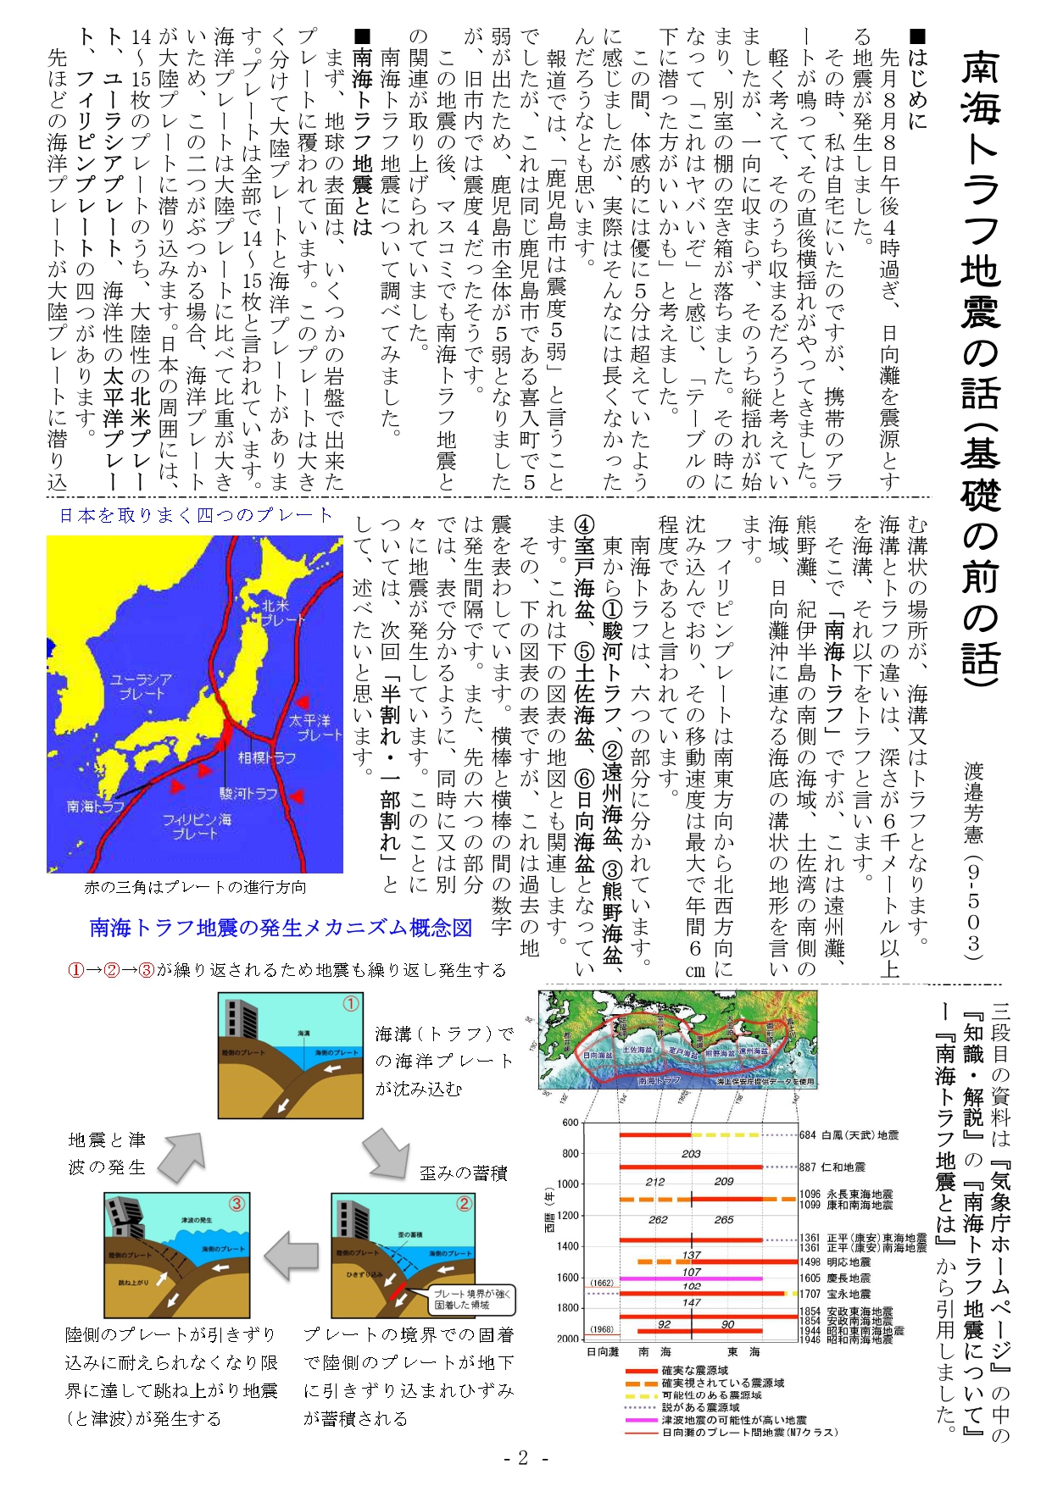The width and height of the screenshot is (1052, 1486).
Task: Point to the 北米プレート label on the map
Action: click(x=281, y=613)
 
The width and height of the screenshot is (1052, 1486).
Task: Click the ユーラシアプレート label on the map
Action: click(x=142, y=686)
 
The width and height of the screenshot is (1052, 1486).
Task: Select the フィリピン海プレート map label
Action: click(x=197, y=827)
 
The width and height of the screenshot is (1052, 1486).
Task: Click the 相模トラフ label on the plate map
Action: click(x=267, y=758)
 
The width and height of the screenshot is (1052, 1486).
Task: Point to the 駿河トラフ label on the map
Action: click(x=248, y=793)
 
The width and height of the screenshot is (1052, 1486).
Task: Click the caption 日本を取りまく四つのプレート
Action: click(x=195, y=515)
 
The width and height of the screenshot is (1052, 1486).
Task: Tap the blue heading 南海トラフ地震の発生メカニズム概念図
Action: click(x=281, y=928)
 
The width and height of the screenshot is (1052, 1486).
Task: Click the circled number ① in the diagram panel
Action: click(x=350, y=1005)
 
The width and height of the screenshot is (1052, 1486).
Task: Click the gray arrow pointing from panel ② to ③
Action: click(x=290, y=1250)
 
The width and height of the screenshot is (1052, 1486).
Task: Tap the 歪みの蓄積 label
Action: click(x=463, y=1173)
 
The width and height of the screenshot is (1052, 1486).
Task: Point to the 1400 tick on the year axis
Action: click(x=568, y=1246)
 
